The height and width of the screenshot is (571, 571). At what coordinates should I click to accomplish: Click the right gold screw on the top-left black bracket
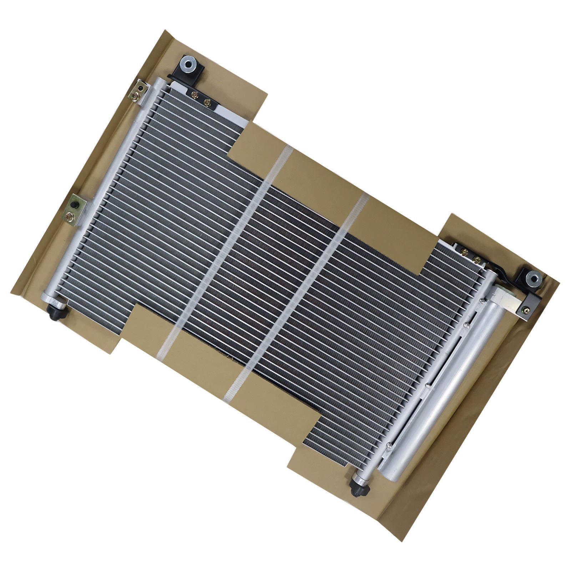click(x=206, y=102)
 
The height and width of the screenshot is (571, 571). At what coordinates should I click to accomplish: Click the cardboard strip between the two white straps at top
click(x=321, y=175)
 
